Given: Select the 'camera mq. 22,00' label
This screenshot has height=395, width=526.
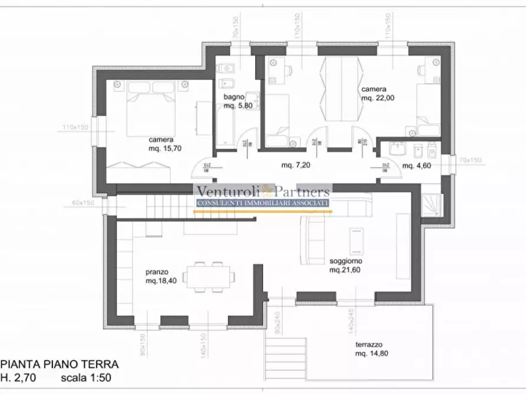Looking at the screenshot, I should (x=377, y=94).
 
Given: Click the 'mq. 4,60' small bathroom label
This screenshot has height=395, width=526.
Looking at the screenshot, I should (x=417, y=166).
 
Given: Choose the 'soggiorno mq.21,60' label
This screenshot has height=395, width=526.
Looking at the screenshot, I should (x=346, y=265).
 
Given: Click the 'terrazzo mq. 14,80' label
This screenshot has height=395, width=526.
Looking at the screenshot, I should (x=371, y=348).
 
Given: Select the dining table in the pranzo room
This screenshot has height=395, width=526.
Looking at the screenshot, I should (x=209, y=276).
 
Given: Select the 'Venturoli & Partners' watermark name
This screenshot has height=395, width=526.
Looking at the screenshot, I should (x=262, y=191).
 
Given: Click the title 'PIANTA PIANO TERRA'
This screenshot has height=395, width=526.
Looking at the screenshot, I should (x=59, y=364).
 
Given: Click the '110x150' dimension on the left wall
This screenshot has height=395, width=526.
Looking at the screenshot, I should (x=76, y=127).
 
